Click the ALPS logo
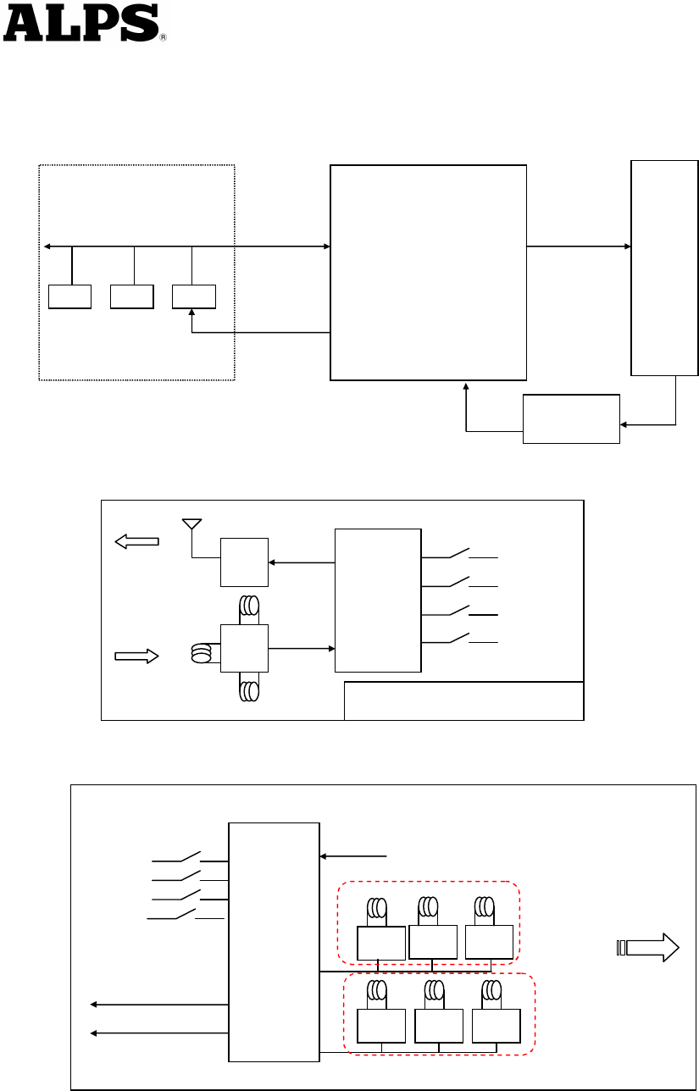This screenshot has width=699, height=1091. pyautogui.click(x=81, y=23)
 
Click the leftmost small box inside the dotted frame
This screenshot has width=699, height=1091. pyautogui.click(x=69, y=297)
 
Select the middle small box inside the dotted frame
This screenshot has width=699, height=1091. pyautogui.click(x=131, y=297)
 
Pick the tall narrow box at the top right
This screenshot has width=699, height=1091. pyautogui.click(x=664, y=268)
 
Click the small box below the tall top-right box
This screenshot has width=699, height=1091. pyautogui.click(x=571, y=418)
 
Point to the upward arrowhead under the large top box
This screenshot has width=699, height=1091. pyautogui.click(x=466, y=388)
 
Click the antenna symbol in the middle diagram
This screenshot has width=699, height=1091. pyautogui.click(x=192, y=523)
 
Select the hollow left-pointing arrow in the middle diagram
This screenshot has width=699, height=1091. pyautogui.click(x=137, y=540)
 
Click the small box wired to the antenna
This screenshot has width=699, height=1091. pyautogui.click(x=244, y=562)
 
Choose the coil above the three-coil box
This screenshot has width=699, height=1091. pyautogui.click(x=249, y=606)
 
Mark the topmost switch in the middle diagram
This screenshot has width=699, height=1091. pyautogui.click(x=459, y=555)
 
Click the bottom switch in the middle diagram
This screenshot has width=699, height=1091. pyautogui.click(x=459, y=639)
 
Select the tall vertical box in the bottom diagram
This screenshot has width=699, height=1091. pyautogui.click(x=274, y=941)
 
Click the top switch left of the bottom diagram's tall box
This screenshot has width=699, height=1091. pyautogui.click(x=188, y=857)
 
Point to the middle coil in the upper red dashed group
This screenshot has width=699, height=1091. pyautogui.click(x=430, y=909)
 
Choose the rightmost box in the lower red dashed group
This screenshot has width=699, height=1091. pyautogui.click(x=495, y=1026)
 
